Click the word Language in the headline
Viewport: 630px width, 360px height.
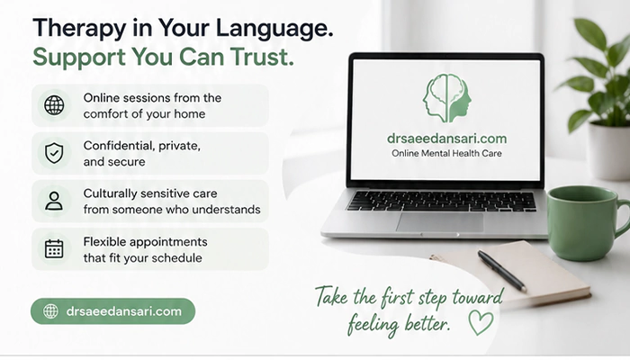click(274, 30)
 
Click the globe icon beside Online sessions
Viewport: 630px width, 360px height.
click(54, 105)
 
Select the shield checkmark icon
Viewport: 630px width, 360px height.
click(54, 153)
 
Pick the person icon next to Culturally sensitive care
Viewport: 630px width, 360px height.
click(54, 201)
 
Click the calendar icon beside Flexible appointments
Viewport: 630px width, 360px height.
click(54, 248)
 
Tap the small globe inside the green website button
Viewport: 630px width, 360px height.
click(50, 311)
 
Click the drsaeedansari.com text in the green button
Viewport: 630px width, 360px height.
click(124, 311)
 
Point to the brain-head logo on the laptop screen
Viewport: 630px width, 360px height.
click(446, 98)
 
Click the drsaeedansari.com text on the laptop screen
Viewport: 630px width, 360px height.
click(446, 139)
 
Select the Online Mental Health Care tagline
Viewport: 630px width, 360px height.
click(446, 153)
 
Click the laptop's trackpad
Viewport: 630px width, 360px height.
click(439, 222)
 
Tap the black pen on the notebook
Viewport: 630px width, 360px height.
click(502, 271)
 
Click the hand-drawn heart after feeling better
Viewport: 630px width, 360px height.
click(481, 323)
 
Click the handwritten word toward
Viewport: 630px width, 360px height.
click(477, 297)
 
